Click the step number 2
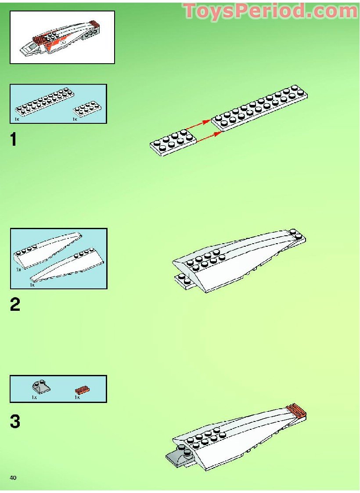coord(15,304)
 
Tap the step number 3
coord(15,422)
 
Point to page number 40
coord(13,478)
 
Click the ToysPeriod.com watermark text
coord(270,11)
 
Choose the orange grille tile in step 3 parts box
coord(82,389)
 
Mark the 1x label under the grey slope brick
coord(34,397)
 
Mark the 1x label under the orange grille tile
coord(77,397)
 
